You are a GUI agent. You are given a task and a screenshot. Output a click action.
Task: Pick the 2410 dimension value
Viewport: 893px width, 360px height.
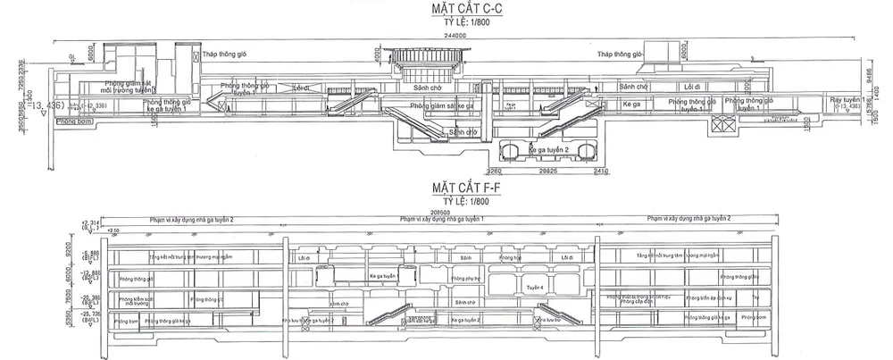599,171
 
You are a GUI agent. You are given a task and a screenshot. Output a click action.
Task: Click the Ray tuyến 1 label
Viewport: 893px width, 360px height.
847,98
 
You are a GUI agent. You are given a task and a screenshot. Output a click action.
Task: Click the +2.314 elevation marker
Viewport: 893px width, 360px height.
88,222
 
